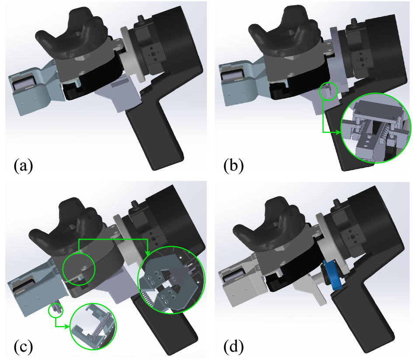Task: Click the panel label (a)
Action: click(24, 166)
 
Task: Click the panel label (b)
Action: click(233, 166)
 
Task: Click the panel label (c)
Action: click(24, 346)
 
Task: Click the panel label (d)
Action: click(233, 346)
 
